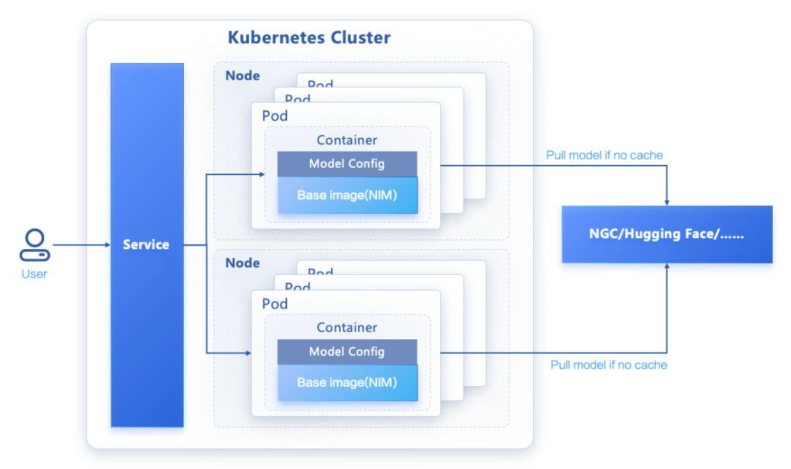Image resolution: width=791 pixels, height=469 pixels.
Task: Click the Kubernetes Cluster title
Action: point(309,38)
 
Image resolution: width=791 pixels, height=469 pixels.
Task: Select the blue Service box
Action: point(146,245)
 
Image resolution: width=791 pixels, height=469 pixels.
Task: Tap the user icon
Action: point(34,245)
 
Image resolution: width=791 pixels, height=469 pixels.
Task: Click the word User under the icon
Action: point(34,274)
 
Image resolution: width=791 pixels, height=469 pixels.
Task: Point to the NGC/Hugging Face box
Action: point(666,234)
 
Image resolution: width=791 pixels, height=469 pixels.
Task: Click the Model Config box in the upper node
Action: point(346,164)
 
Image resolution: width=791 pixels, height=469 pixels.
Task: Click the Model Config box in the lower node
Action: point(346,352)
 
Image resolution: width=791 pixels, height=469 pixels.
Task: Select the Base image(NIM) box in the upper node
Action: point(346,196)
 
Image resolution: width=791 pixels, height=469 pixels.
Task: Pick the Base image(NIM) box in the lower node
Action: point(346,383)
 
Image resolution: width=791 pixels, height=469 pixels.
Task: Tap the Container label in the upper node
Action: point(346,140)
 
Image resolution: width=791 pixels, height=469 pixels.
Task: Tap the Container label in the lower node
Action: point(346,328)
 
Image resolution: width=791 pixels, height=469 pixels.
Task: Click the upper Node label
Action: point(242,75)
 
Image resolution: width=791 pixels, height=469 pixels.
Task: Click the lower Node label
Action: point(242,262)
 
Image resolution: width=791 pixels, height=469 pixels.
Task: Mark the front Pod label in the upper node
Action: point(275,116)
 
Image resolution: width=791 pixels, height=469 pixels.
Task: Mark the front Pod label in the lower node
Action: point(275,303)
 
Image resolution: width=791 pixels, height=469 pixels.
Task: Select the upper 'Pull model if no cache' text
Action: point(604,155)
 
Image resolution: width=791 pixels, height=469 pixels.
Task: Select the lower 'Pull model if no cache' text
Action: point(609,365)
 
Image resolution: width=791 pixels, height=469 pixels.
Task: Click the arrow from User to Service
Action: point(81,245)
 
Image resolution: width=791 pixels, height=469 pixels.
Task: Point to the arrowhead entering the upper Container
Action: point(261,174)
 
